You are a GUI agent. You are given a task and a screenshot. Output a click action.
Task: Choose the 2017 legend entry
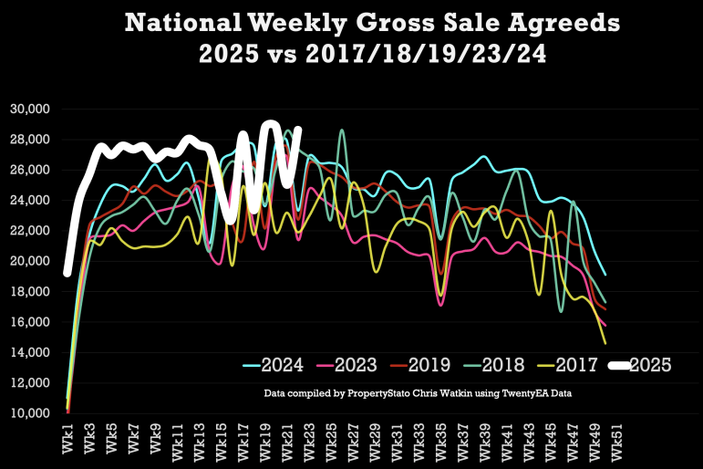(577, 366)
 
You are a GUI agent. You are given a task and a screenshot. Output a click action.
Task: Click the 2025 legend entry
(651, 366)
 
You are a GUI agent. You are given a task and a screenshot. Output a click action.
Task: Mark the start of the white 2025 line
(67, 272)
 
